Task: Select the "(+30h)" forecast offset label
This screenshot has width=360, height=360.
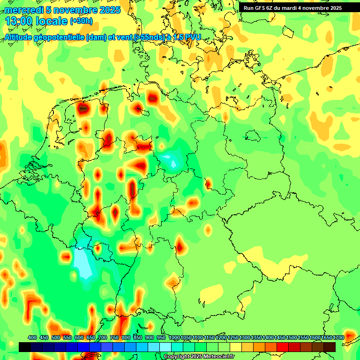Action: tap(81, 21)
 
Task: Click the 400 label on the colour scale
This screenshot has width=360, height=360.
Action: tap(32, 338)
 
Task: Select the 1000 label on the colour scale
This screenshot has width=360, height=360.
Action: tap(174, 338)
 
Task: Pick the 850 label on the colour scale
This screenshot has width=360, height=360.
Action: tap(138, 338)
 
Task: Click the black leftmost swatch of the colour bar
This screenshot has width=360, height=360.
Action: tap(25, 347)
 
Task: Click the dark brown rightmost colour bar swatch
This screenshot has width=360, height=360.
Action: tap(330, 347)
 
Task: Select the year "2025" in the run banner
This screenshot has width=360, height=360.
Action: tap(334, 8)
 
